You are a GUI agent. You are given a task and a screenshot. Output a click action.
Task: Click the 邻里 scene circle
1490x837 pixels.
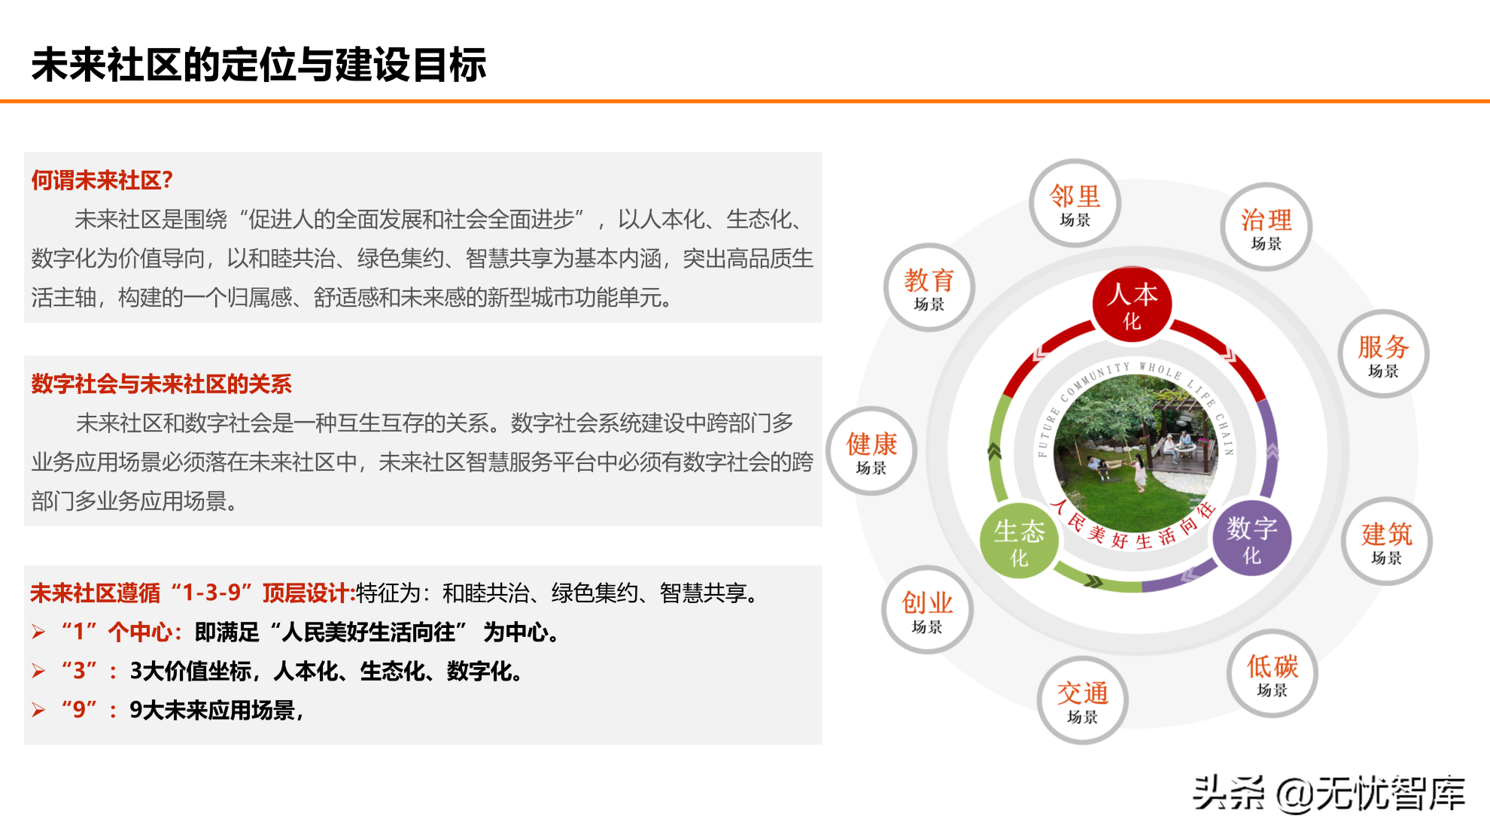(x=1075, y=204)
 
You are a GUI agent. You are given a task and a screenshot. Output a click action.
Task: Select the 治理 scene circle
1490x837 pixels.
(x=1266, y=227)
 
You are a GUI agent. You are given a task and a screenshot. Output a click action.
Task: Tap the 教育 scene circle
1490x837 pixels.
(x=929, y=288)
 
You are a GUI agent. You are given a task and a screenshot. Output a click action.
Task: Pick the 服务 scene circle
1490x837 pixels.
(x=1383, y=354)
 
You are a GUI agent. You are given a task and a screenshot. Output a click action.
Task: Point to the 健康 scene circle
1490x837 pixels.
(x=871, y=451)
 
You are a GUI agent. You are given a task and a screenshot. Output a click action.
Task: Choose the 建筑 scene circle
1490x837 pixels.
(x=1386, y=541)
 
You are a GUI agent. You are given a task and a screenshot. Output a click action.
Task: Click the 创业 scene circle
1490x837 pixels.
(x=927, y=610)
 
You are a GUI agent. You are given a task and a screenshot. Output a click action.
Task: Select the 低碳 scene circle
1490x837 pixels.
(x=1272, y=674)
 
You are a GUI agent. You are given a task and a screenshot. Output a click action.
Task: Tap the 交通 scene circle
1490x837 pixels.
(x=1082, y=700)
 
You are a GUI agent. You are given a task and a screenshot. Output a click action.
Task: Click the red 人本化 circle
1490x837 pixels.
(x=1132, y=305)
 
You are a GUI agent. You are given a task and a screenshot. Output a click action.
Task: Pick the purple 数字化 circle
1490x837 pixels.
(x=1251, y=538)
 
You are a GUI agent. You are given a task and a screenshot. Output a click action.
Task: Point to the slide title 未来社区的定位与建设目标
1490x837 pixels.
(x=259, y=65)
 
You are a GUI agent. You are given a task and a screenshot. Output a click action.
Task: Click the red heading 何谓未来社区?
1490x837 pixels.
(x=102, y=180)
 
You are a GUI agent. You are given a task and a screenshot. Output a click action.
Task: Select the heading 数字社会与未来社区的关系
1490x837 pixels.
(x=161, y=384)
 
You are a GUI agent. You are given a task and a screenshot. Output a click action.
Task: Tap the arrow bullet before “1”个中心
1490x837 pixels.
(x=39, y=632)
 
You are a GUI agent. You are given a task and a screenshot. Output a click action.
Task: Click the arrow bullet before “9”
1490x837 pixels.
(x=39, y=710)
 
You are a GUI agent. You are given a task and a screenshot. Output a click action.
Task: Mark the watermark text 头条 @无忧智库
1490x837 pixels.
(x=1329, y=794)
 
